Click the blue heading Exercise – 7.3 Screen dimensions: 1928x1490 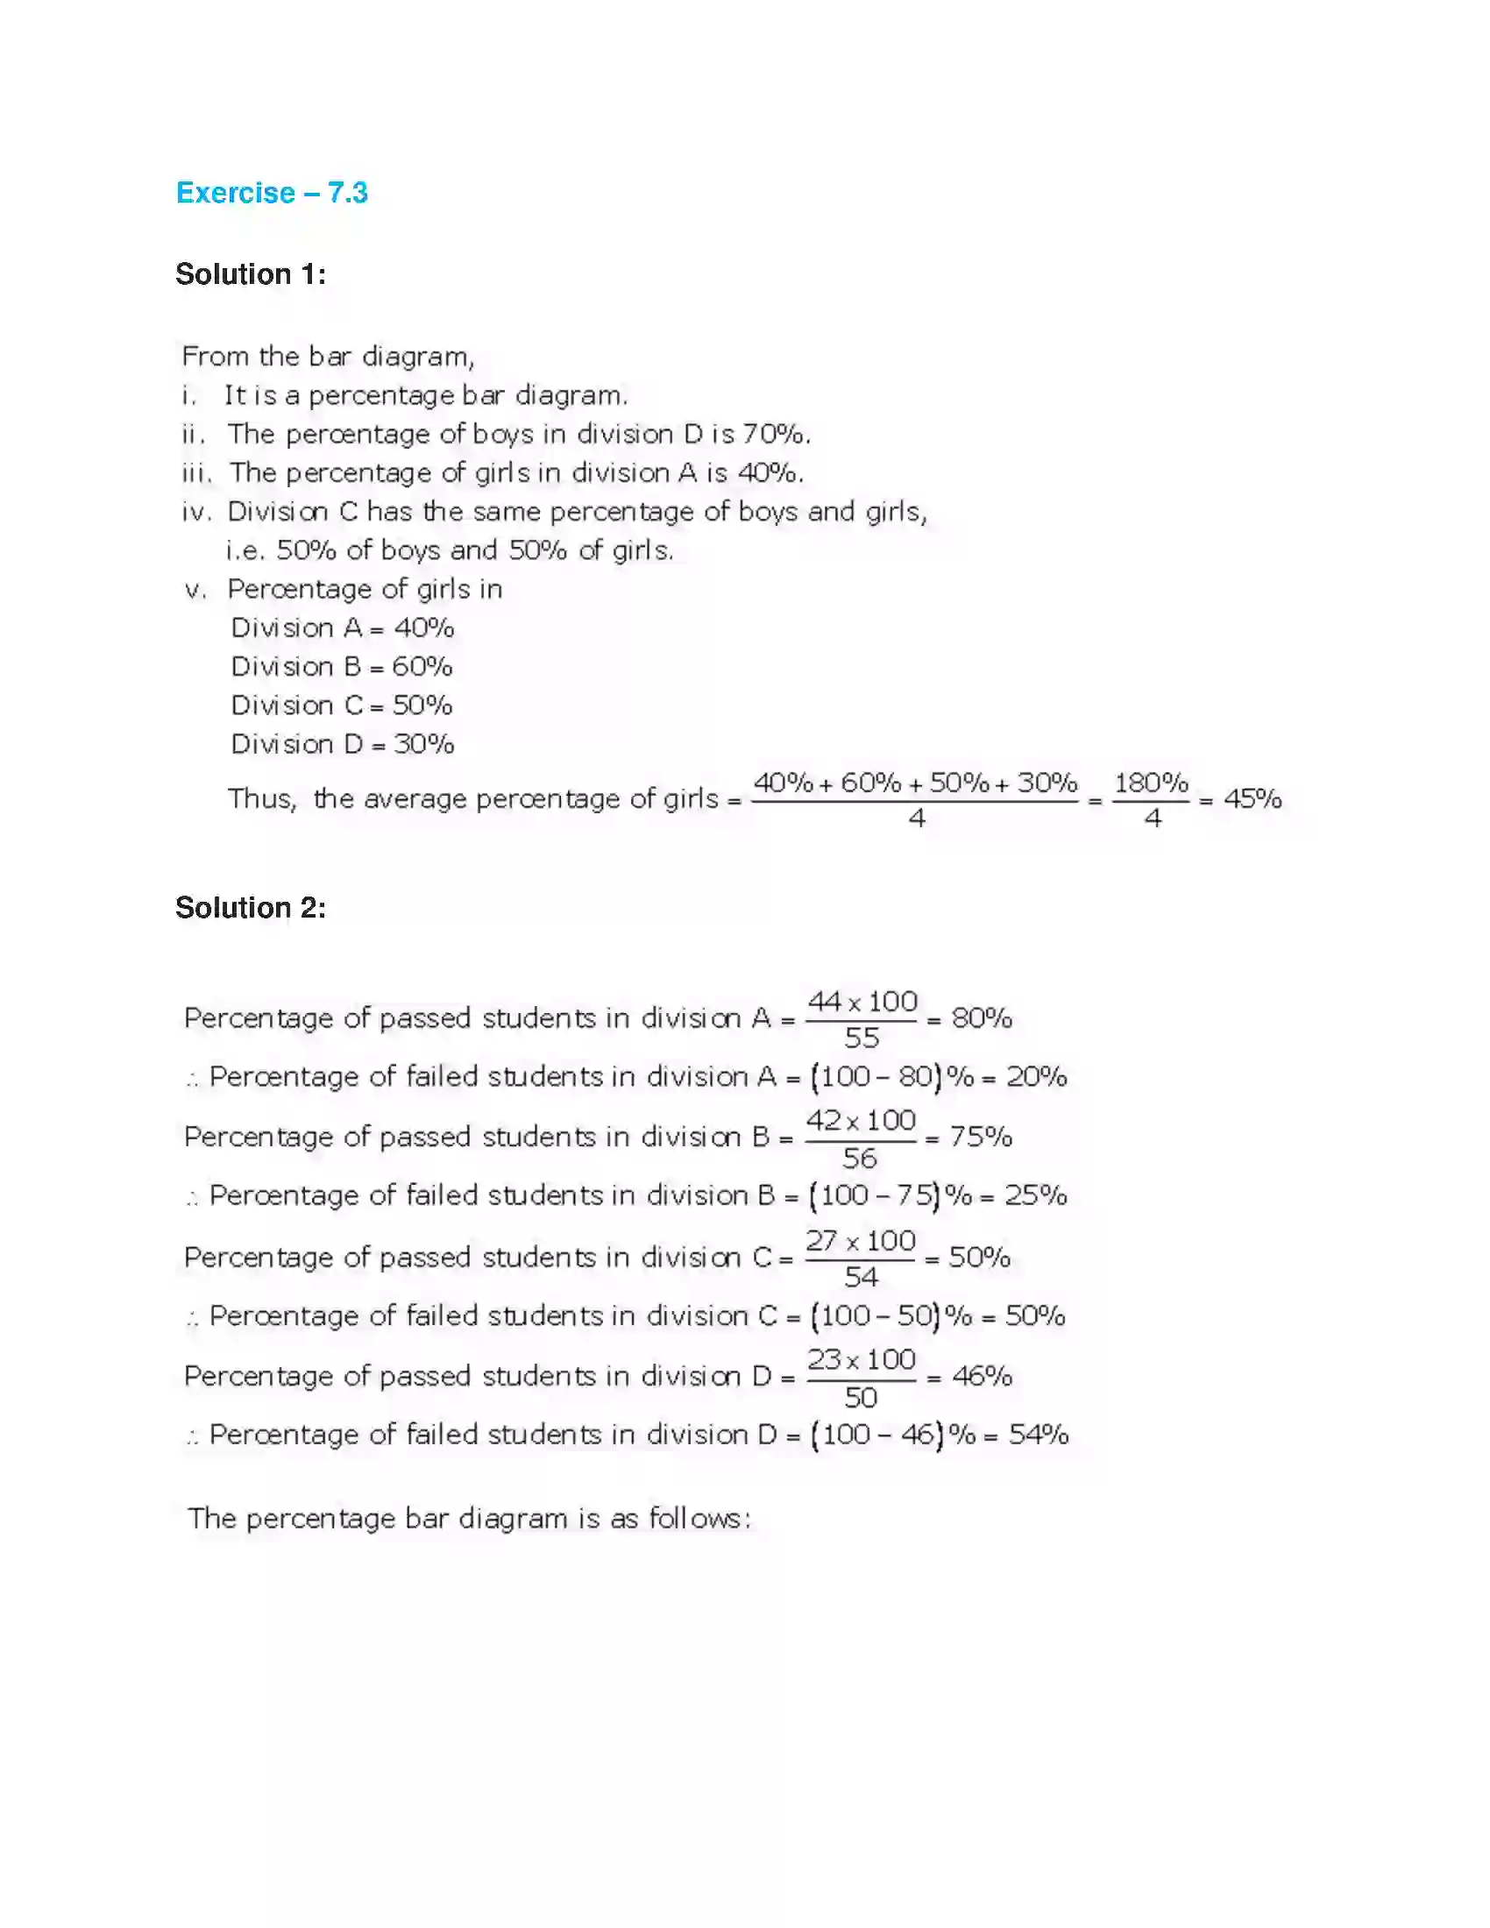click(x=272, y=193)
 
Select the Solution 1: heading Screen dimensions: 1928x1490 click(x=251, y=274)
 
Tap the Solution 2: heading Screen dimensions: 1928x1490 click(x=251, y=908)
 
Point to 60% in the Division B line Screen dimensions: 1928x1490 click(x=422, y=667)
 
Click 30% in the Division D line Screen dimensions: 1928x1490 click(x=423, y=744)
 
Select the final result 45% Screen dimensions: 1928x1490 click(x=1252, y=799)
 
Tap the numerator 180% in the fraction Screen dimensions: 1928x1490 click(x=1151, y=782)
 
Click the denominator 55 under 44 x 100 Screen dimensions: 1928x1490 click(x=862, y=1038)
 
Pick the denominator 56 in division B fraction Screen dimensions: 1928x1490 click(x=860, y=1159)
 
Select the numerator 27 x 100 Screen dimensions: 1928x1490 click(x=861, y=1240)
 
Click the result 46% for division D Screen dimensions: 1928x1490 click(x=982, y=1376)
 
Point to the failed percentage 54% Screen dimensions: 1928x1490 click(x=1039, y=1435)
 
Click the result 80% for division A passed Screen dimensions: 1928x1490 click(x=982, y=1018)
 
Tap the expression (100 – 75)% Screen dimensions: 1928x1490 click(x=891, y=1195)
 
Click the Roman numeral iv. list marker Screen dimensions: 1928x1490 click(x=196, y=512)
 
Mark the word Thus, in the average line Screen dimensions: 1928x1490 click(x=262, y=799)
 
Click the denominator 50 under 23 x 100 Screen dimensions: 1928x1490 click(x=861, y=1398)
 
